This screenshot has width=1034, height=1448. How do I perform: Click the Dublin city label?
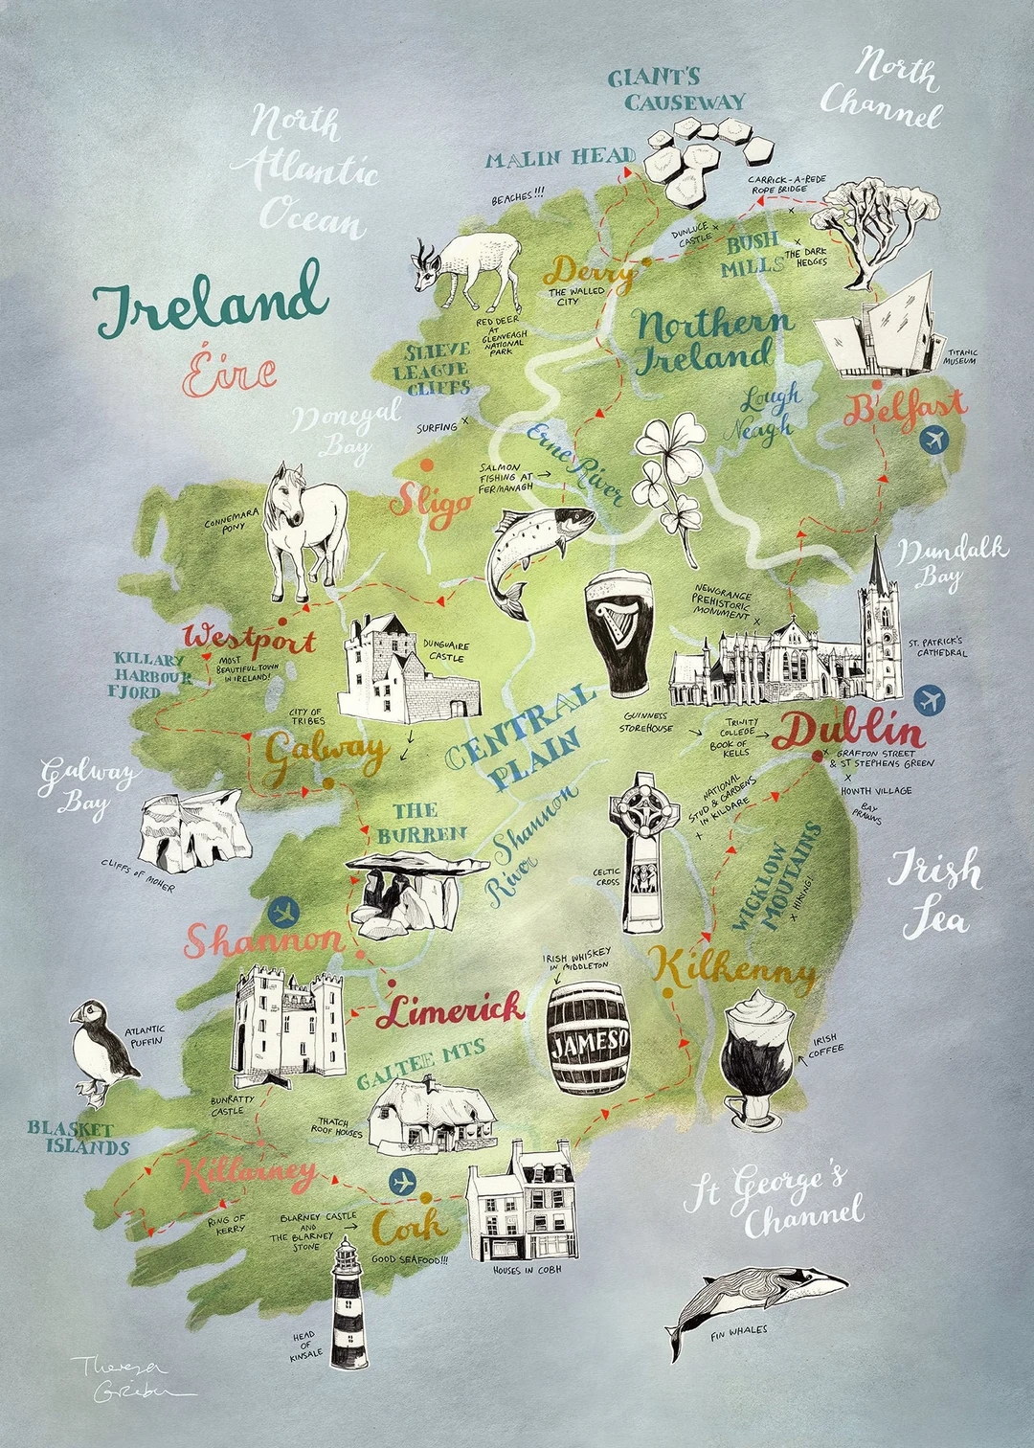tap(848, 732)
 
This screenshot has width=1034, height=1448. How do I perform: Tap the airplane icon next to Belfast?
tap(932, 440)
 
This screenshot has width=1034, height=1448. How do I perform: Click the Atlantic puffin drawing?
tap(102, 1052)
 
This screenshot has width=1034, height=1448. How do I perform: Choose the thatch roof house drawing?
tap(432, 1114)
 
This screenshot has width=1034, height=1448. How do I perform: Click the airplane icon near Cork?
tap(404, 1182)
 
